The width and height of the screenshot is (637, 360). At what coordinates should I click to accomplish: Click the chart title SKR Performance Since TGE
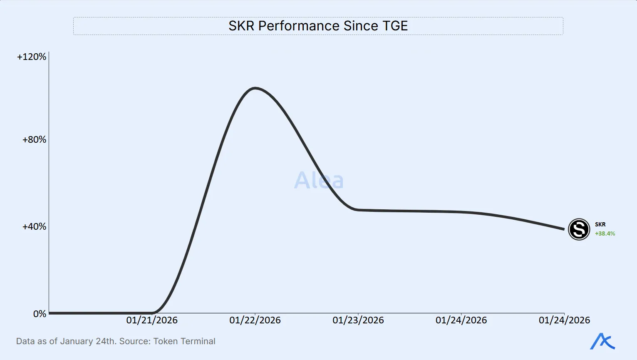click(318, 26)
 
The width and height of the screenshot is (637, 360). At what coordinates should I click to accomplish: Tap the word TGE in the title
click(393, 26)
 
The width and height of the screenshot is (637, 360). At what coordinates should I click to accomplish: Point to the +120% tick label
click(32, 57)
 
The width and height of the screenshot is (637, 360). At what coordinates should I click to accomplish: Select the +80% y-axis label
click(34, 139)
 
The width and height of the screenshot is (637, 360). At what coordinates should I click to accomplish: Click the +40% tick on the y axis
click(34, 226)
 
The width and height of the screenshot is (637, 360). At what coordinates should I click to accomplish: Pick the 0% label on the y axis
click(40, 314)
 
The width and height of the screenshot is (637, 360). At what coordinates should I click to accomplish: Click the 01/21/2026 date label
click(152, 320)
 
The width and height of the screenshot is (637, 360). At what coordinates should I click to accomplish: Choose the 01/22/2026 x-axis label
click(255, 320)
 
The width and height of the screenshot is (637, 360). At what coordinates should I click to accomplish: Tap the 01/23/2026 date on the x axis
click(358, 320)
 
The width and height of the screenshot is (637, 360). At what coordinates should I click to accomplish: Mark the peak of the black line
click(255, 88)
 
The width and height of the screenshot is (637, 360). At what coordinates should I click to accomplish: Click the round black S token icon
click(579, 229)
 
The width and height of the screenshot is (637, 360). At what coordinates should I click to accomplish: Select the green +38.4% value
click(605, 233)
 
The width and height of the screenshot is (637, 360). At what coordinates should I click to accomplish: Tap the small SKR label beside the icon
click(600, 224)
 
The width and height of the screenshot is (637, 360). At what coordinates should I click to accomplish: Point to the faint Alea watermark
click(319, 180)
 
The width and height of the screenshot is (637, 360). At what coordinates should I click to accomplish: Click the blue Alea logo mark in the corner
click(602, 341)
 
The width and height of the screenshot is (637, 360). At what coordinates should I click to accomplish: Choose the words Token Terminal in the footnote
click(184, 341)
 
